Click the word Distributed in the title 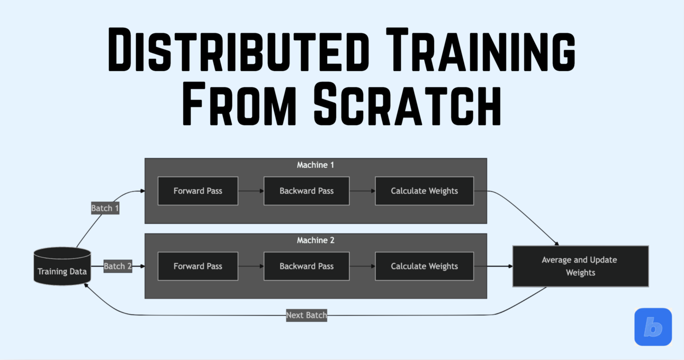tap(233, 51)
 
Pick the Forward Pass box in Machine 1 tap(198, 191)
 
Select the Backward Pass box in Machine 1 tap(307, 191)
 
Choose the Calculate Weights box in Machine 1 tap(424, 191)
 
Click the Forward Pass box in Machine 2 tap(198, 266)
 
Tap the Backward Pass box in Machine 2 tap(307, 266)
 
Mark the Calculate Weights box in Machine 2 tap(424, 266)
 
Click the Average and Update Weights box tap(580, 266)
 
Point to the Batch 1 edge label tap(105, 208)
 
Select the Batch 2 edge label tap(118, 266)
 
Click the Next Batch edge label tap(307, 315)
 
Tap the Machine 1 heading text tap(316, 165)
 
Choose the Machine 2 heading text tap(316, 240)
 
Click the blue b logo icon tap(653, 327)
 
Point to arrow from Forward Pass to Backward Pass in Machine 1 tap(251, 191)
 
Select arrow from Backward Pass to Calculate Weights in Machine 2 tap(362, 266)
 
